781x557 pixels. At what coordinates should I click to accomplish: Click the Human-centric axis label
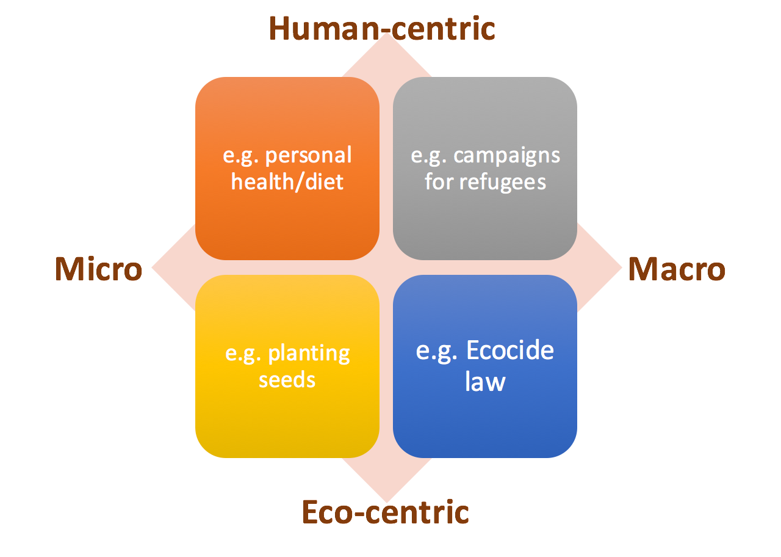pos(381,28)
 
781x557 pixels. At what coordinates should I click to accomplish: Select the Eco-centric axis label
pos(385,512)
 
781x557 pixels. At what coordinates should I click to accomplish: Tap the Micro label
pos(98,269)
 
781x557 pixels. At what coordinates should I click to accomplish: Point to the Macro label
pos(677,269)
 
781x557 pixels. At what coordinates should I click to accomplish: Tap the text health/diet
pos(287,182)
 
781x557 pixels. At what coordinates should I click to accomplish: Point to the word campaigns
pos(506,155)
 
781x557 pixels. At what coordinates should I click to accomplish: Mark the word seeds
pos(287,380)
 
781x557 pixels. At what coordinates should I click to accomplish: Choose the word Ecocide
pos(510,351)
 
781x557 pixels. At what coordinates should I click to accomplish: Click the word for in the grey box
pos(439,182)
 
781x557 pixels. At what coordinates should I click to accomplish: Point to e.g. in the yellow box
pos(243,354)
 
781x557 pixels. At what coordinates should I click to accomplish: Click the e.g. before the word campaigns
pos(429,155)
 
